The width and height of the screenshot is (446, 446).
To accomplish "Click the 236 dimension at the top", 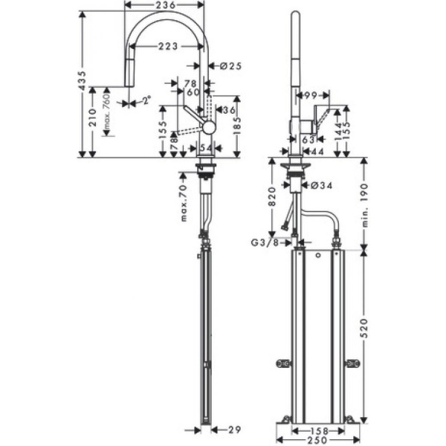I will point(166,6).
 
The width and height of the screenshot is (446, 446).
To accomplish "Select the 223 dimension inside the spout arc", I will point(167,47).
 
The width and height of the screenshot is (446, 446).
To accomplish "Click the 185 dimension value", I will point(236,126).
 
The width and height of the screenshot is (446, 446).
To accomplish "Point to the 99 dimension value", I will point(310,94).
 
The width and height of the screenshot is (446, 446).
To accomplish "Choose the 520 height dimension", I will point(364,336).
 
